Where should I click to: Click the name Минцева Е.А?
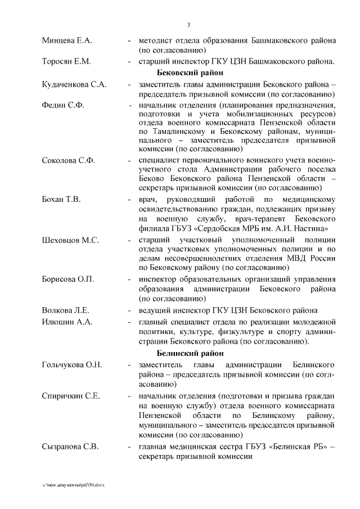[67, 41]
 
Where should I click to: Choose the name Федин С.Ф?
[62, 105]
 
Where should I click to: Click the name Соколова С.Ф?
[68, 161]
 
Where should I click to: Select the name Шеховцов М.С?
[70, 240]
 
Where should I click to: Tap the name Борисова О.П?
[67, 279]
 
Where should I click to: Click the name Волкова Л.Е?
[66, 310]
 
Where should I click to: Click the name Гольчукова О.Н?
[72, 365]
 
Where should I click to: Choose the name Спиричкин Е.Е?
[71, 396]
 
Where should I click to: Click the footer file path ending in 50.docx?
[73, 485]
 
